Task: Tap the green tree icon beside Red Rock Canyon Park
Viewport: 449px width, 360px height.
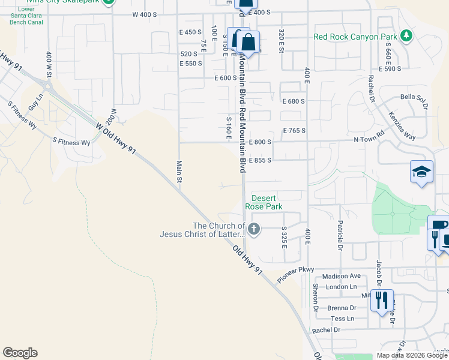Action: pos(406,36)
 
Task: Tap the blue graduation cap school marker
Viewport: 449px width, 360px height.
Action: pos(421,172)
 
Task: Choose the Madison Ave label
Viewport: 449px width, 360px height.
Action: pos(341,276)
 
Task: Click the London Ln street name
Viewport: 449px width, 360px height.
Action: pos(342,287)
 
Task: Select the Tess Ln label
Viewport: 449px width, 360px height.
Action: pos(342,319)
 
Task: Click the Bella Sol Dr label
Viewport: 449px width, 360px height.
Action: pos(413,97)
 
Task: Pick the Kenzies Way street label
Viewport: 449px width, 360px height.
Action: pos(402,125)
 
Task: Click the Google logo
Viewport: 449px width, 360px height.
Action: pos(20,353)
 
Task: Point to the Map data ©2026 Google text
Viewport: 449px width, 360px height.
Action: pos(411,355)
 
